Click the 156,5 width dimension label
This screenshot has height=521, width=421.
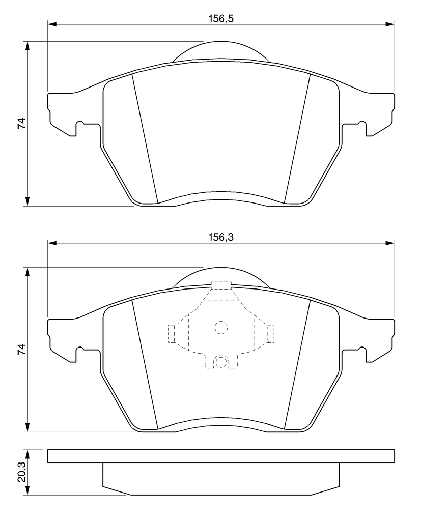click(221, 19)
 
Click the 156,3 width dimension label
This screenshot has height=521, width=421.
click(221, 237)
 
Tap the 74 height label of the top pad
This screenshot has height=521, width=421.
click(21, 123)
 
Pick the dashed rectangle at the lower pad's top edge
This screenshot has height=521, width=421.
click(221, 286)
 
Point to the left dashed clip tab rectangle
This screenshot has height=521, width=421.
click(172, 333)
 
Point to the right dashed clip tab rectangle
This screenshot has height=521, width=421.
click(271, 333)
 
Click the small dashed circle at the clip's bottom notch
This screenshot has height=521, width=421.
click(221, 361)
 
